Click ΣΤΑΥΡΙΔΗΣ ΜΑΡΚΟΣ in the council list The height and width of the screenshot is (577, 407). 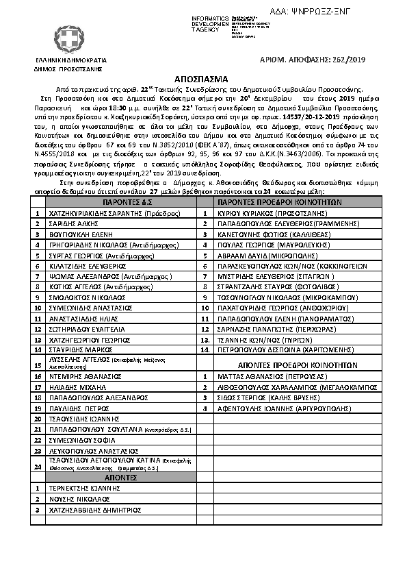(x=79, y=348)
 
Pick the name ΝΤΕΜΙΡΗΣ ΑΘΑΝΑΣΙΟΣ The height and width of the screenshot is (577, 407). (x=82, y=377)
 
